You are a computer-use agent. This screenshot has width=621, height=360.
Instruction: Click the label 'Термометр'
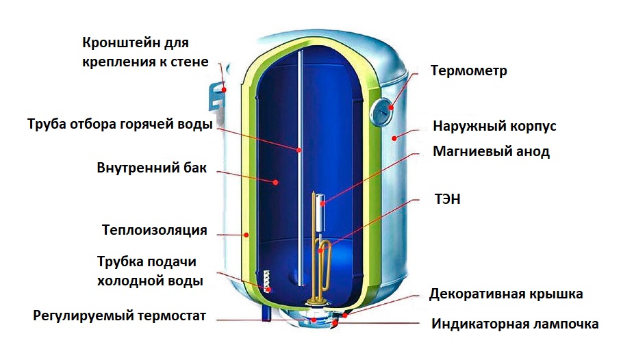tap(468, 71)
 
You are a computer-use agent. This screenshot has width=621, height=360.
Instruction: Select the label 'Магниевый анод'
tap(492, 152)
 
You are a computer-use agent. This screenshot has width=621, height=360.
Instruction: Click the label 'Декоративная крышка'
tap(506, 294)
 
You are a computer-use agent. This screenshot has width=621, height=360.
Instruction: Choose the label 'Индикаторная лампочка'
tap(515, 324)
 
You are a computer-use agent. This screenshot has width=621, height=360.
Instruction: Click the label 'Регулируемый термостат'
tap(119, 316)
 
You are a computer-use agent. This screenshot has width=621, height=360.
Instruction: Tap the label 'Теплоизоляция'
tap(154, 230)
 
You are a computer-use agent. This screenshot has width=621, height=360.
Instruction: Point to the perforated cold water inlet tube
tap(266, 281)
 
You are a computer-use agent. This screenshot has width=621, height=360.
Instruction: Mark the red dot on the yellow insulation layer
tap(245, 235)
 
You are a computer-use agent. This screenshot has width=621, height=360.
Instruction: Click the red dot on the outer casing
tap(394, 138)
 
